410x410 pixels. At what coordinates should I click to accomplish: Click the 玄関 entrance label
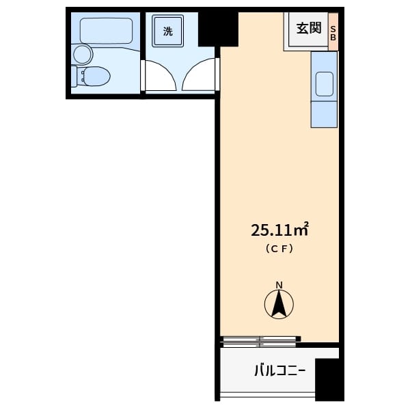(x=309, y=28)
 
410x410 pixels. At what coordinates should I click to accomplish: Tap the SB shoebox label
(x=333, y=33)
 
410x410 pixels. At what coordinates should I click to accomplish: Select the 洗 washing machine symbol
(x=168, y=31)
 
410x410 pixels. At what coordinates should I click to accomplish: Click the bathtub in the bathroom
(x=106, y=31)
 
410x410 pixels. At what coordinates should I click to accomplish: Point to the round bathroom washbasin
(x=83, y=55)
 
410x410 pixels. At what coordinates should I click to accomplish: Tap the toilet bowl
(x=95, y=76)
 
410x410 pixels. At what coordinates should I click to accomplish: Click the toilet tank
(x=74, y=76)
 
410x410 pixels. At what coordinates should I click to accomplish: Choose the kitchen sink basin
(x=324, y=84)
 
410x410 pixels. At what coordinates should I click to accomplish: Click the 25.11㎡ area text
(x=279, y=230)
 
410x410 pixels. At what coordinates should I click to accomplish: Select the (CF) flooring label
(x=279, y=249)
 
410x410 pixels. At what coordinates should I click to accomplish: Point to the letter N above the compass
(x=279, y=285)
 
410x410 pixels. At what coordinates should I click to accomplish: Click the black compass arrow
(x=279, y=303)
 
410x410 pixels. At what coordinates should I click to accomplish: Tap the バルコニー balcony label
(x=279, y=370)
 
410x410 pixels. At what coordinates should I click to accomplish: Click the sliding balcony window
(x=260, y=342)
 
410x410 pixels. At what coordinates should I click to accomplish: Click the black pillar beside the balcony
(x=329, y=380)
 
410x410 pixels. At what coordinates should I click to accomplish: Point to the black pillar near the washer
(x=218, y=29)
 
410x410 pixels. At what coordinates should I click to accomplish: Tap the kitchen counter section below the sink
(x=324, y=115)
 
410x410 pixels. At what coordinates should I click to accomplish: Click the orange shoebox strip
(x=333, y=31)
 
